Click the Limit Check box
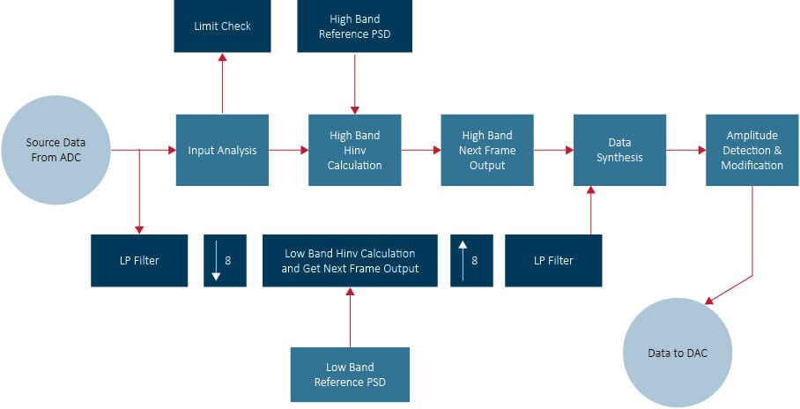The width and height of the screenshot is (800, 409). tap(222, 26)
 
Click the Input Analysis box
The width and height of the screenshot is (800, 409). tap(222, 150)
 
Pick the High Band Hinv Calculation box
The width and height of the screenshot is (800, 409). tap(355, 150)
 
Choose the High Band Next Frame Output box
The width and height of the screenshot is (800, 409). tap(487, 150)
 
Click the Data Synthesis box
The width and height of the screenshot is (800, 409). tap(619, 150)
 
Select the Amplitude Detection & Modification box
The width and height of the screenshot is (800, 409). tap(752, 150)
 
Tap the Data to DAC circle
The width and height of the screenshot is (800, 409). tap(677, 353)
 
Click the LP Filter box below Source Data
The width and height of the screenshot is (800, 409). tap(138, 260)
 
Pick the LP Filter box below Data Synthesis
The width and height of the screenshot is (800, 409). tap(553, 260)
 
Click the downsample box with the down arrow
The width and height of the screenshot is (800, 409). tap(222, 260)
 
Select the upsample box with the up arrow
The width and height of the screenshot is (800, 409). tap(469, 260)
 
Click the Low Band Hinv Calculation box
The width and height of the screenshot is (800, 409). tap(350, 260)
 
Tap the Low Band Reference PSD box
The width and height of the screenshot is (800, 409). tap(350, 375)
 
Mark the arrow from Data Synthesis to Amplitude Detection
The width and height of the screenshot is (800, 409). tap(685, 150)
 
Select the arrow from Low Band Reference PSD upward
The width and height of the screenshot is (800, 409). tap(350, 317)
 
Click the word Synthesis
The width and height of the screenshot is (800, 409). tap(619, 158)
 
